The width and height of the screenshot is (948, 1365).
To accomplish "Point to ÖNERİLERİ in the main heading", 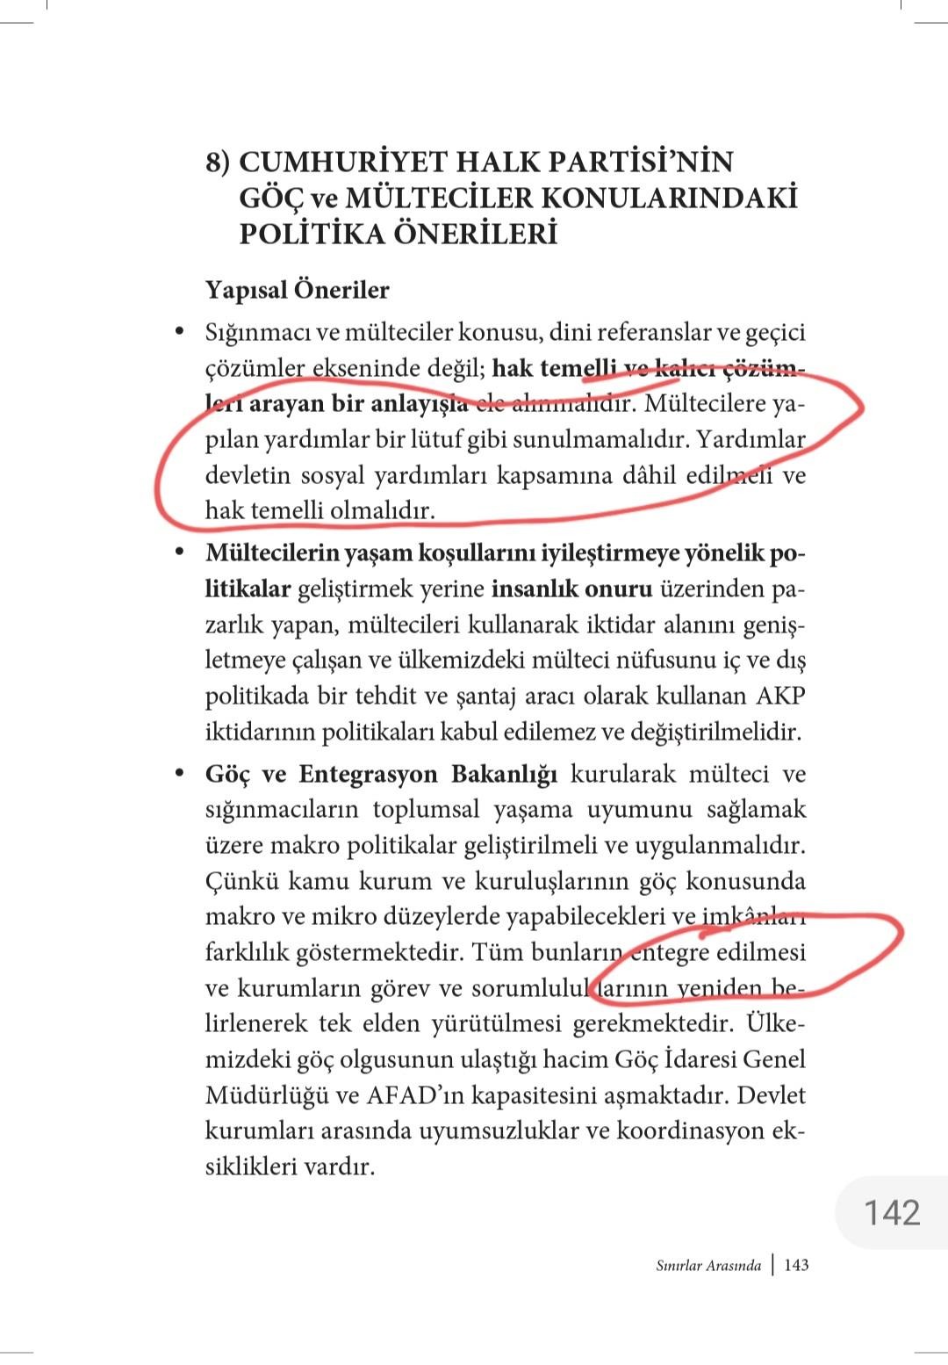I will pyautogui.click(x=478, y=235).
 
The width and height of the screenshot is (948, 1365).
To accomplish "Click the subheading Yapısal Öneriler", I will pyautogui.click(x=297, y=290).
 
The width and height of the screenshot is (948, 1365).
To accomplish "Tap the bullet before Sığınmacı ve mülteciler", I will pyautogui.click(x=180, y=332).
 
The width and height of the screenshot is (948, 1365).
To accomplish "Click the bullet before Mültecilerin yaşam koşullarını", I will pyautogui.click(x=180, y=552).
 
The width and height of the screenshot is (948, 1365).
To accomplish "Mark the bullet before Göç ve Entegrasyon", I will pyautogui.click(x=180, y=773).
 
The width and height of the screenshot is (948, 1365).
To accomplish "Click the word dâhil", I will pyautogui.click(x=650, y=475).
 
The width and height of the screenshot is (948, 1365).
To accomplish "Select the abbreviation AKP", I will pyautogui.click(x=779, y=696).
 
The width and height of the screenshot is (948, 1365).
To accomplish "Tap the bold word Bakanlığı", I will pyautogui.click(x=505, y=774).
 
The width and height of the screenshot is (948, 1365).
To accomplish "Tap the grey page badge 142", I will pyautogui.click(x=892, y=1212).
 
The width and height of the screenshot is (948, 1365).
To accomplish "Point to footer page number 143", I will pyautogui.click(x=796, y=1266).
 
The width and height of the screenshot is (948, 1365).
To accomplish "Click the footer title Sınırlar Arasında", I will pyautogui.click(x=707, y=1266).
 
